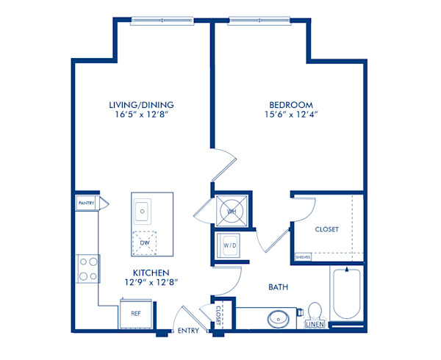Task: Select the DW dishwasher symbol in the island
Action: click(144, 242)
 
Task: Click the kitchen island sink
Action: click(143, 212)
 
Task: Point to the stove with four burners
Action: click(87, 268)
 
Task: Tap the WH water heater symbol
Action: click(231, 212)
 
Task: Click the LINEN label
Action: click(315, 324)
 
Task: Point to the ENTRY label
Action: click(189, 331)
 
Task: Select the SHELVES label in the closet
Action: click(301, 257)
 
